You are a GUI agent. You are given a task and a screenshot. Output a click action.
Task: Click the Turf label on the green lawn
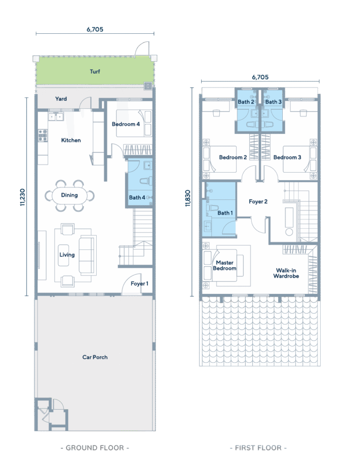coord(95,72)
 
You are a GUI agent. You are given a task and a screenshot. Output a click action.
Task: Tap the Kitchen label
coord(71,140)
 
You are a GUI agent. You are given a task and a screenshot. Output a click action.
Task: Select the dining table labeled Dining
coord(69,196)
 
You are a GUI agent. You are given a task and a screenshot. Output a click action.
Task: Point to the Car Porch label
coord(95,357)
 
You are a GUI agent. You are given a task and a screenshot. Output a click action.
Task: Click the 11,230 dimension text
coord(23,197)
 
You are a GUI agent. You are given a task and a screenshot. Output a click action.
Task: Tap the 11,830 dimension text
coord(188,198)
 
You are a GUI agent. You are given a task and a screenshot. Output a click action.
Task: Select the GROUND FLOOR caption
coord(95,448)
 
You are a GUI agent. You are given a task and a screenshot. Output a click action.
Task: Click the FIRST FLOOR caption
coord(258,448)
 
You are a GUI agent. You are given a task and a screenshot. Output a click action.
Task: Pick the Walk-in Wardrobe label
coord(286,273)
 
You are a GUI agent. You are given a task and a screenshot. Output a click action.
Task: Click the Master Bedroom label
coord(224,265)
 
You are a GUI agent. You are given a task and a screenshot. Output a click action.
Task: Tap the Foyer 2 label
coord(258,202)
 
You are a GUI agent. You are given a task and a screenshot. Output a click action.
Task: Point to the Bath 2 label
coord(246,102)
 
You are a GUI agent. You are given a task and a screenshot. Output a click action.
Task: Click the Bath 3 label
coord(273,102)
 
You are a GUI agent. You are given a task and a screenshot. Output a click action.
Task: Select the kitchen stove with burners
coord(43,136)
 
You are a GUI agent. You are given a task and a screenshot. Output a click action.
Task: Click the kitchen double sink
coord(56,116)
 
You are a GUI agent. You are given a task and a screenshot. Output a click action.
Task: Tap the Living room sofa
coord(87,255)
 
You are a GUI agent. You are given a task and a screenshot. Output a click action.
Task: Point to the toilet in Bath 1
coord(212,208)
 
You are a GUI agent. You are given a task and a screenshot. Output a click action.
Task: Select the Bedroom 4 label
coord(126,124)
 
